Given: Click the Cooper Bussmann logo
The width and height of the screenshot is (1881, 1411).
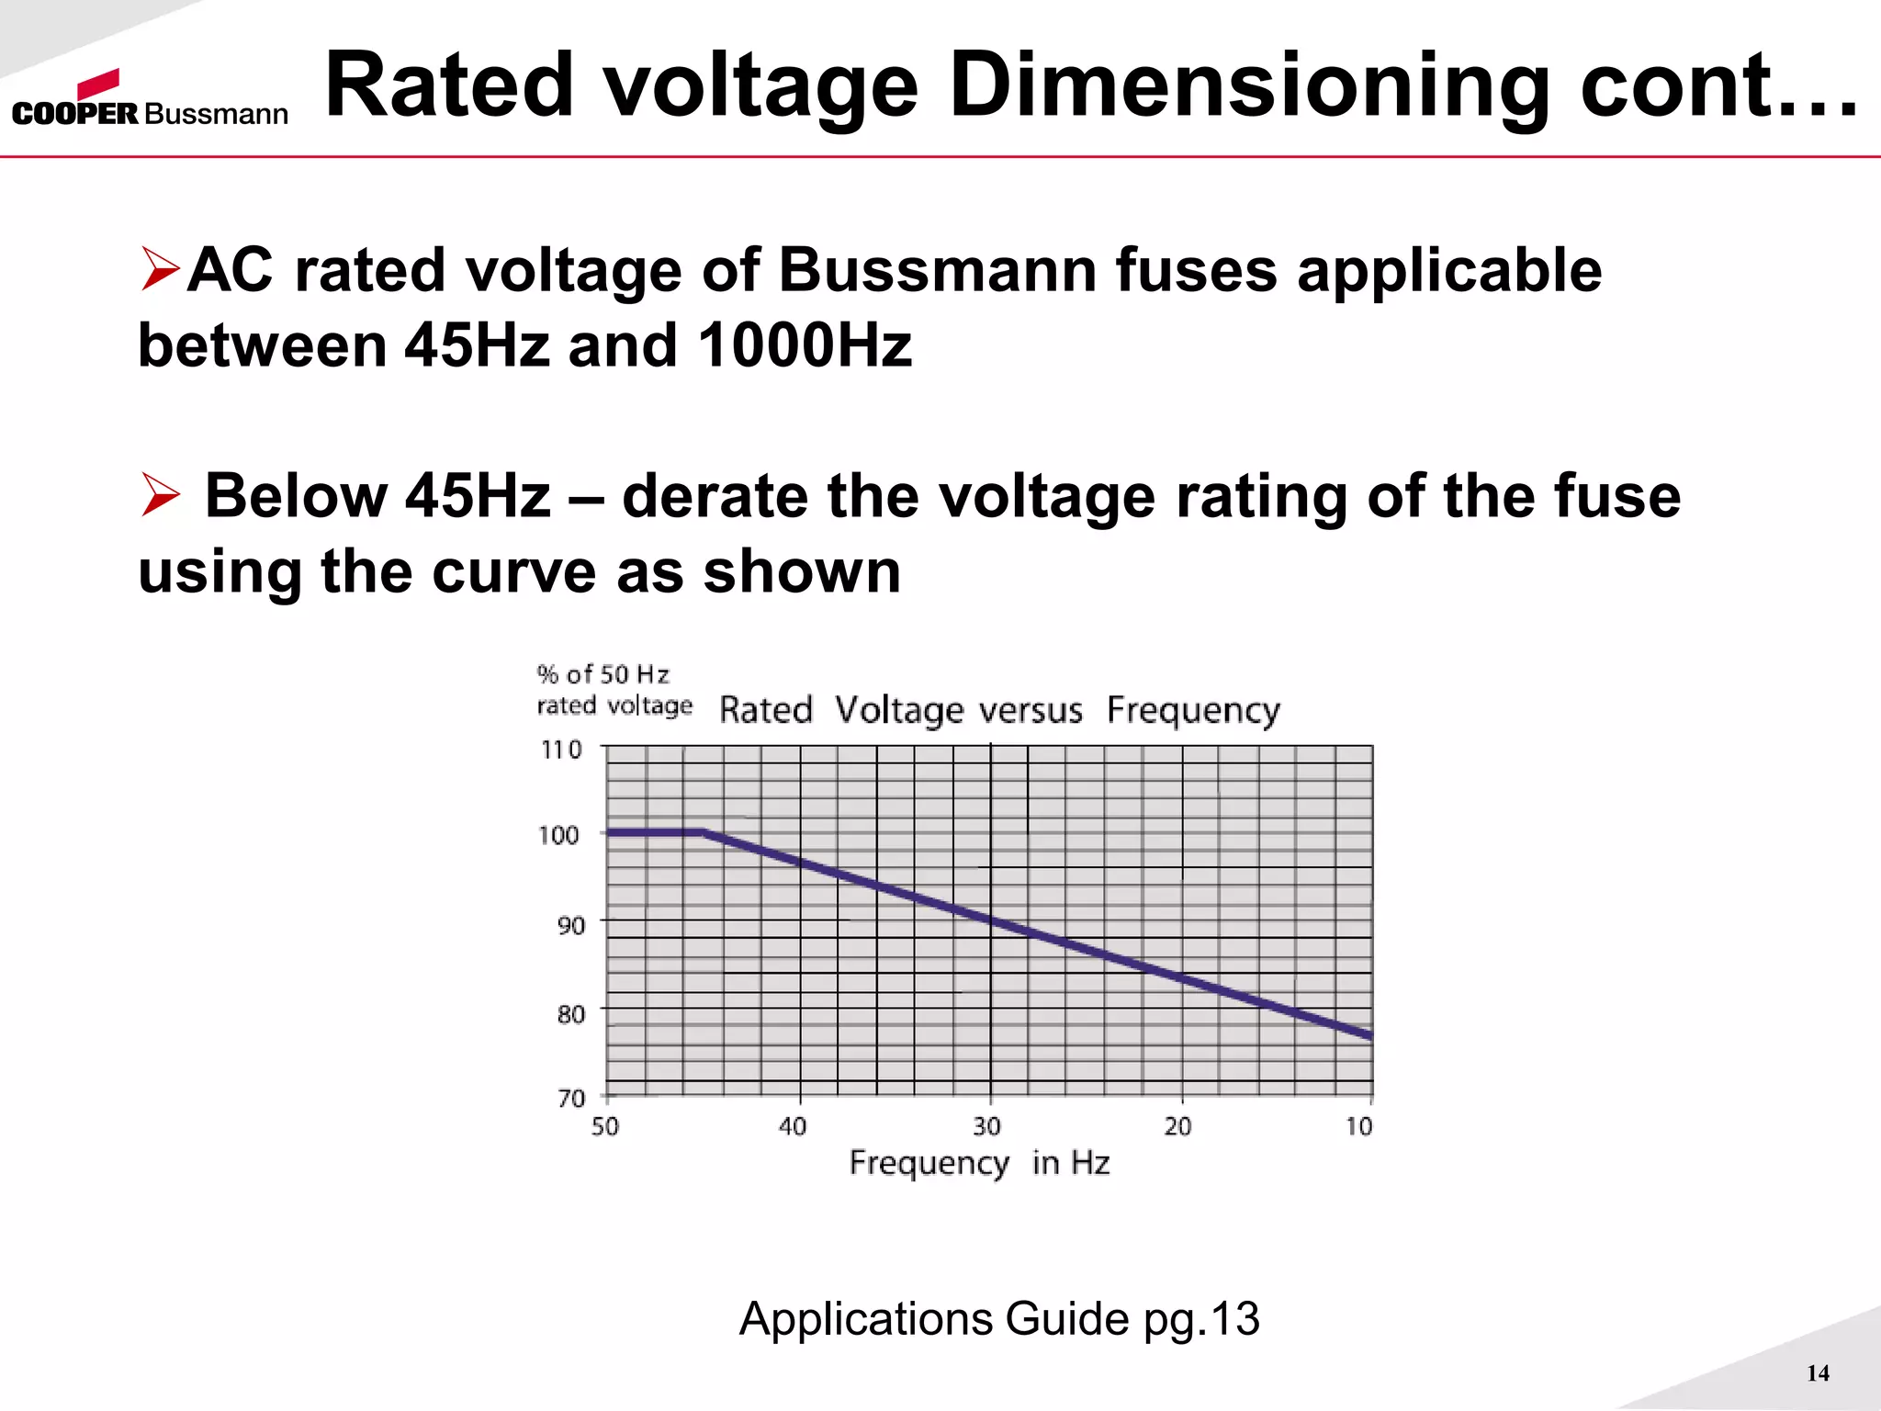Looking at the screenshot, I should tap(150, 99).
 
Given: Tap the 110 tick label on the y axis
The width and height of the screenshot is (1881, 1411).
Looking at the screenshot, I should tap(561, 751).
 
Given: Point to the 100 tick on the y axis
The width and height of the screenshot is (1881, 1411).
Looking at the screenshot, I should tap(558, 836).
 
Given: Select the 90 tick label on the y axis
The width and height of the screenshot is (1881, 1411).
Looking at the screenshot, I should tap(570, 925).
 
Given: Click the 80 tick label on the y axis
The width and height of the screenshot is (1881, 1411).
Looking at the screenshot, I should tap(570, 1014).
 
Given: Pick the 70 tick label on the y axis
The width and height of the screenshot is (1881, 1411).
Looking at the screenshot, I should tap(570, 1099).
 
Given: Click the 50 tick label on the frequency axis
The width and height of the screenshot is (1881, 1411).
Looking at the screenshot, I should tap(604, 1126).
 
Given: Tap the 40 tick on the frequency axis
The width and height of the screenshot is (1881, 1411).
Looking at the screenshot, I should tap(793, 1126).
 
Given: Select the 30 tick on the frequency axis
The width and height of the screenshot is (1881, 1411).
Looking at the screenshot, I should tap(986, 1126).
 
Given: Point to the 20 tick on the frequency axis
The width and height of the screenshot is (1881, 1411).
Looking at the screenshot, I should tap(1177, 1126).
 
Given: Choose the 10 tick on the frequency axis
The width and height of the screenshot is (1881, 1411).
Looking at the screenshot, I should tap(1359, 1126).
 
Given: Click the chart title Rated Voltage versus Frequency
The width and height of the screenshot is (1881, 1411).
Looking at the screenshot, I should tap(999, 710).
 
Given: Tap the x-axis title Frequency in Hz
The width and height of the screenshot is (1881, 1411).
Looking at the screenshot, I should tap(979, 1163).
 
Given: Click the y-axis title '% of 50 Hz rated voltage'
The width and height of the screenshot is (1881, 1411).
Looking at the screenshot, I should tap(614, 690).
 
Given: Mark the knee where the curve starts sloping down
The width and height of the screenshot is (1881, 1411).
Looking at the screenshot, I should tap(704, 832).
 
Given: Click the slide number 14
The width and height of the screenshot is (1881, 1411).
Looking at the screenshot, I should tap(1818, 1373).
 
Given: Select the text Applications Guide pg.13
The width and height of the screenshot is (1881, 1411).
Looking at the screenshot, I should tap(999, 1319).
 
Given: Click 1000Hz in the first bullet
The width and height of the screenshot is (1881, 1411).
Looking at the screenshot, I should tap(805, 346).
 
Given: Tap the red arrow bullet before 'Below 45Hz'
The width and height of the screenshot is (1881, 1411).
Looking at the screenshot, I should tap(161, 495).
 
